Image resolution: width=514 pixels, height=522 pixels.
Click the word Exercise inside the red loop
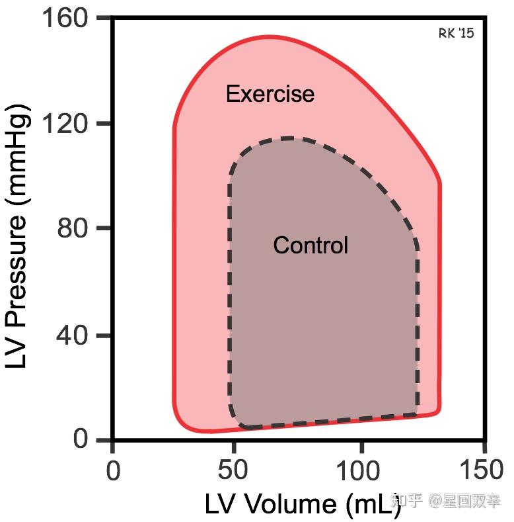(x=270, y=94)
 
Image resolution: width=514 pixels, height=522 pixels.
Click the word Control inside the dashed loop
(x=310, y=245)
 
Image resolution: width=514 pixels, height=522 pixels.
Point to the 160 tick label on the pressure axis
(x=66, y=18)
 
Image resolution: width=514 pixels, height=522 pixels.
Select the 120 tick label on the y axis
(x=66, y=124)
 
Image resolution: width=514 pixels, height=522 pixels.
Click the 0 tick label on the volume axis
(x=113, y=472)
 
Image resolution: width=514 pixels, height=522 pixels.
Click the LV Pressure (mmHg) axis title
(x=18, y=236)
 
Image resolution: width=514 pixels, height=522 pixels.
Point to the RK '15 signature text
(x=456, y=33)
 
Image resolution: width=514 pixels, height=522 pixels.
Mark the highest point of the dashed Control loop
(x=287, y=138)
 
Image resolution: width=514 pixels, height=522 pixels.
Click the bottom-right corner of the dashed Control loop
(x=417, y=414)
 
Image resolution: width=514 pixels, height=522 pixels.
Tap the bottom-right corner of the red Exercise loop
(x=439, y=412)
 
